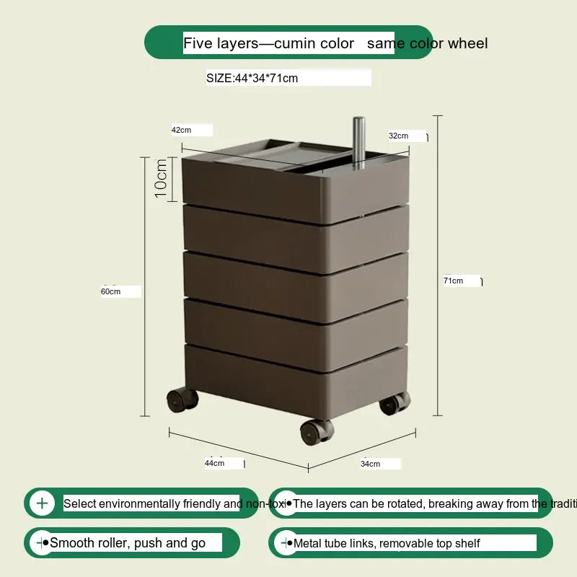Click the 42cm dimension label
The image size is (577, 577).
[x=181, y=130]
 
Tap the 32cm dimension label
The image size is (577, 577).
[x=398, y=136]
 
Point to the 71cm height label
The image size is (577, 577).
[x=453, y=281]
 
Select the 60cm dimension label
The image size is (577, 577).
[x=110, y=291]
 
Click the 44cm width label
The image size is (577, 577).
[x=214, y=463]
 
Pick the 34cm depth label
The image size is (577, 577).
[x=370, y=464]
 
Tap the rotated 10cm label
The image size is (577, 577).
[x=161, y=178]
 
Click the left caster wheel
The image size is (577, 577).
[x=180, y=399]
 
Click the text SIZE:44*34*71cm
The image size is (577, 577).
[x=252, y=78]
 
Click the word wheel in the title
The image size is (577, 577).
[x=467, y=43]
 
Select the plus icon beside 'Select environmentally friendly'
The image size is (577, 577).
[x=42, y=503]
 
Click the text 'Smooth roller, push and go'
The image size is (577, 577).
[x=128, y=543]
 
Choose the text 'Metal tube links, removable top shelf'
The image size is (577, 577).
[x=387, y=543]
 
